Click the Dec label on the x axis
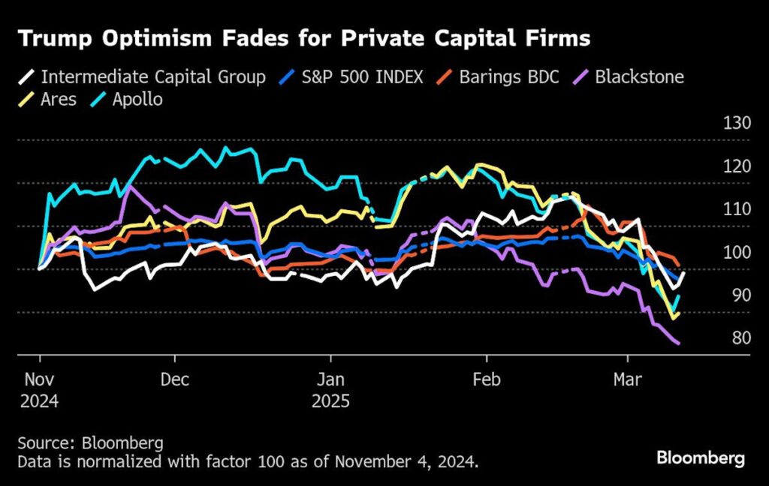point(175,379)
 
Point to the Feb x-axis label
point(486,379)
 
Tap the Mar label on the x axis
point(627,379)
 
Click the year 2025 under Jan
point(330,401)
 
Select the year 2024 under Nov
point(39,401)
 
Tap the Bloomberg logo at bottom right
point(700,457)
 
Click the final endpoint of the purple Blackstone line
point(679,343)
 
